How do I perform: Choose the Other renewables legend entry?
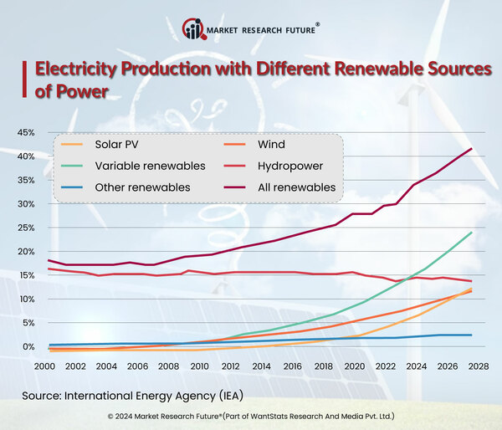click(x=133, y=187)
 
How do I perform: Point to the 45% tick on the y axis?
click(x=24, y=132)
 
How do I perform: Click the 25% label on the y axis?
click(x=24, y=228)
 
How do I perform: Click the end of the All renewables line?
click(x=472, y=149)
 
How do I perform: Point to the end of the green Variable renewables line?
click(x=472, y=233)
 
